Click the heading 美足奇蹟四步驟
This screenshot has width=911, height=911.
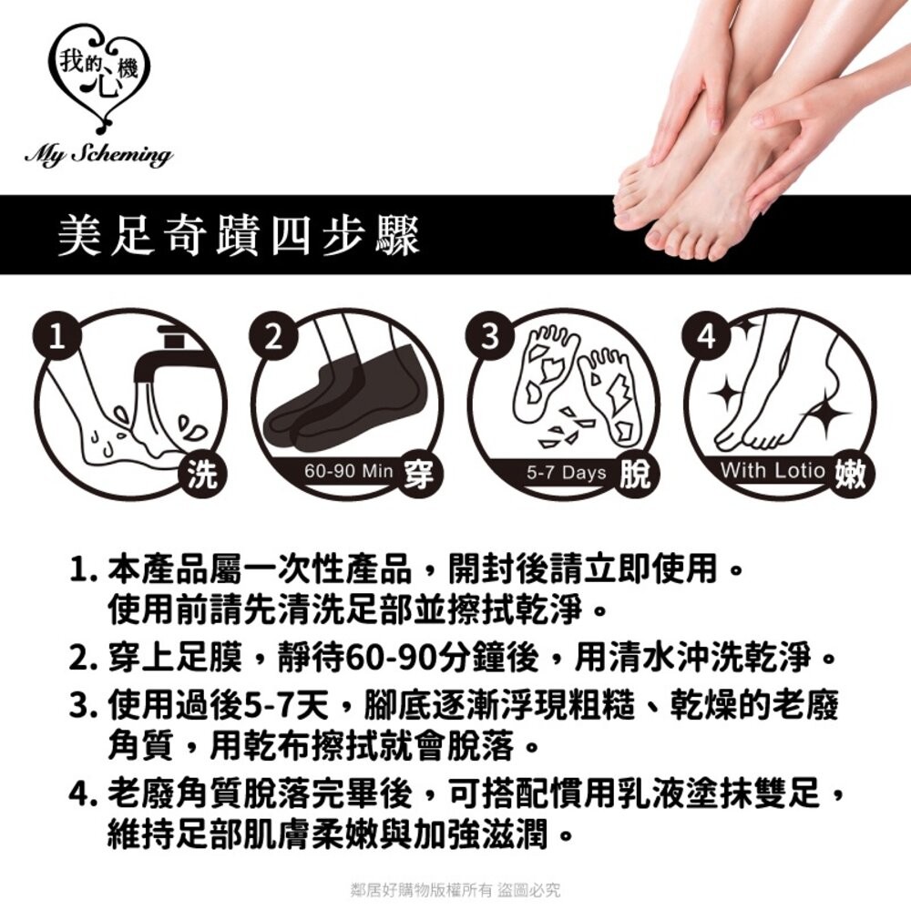point(239,235)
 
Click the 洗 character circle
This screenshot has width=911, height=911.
point(200,474)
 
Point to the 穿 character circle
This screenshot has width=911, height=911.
point(418,474)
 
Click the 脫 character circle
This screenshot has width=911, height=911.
point(633,474)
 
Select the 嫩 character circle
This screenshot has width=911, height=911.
point(850,474)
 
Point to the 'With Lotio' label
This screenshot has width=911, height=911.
point(773,472)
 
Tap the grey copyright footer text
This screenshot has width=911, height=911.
point(455,889)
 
